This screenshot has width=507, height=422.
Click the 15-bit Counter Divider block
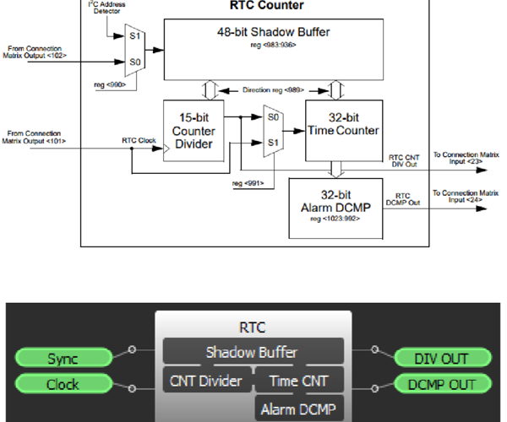(x=198, y=130)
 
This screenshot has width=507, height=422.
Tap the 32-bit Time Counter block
(x=343, y=130)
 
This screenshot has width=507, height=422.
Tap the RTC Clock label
(x=138, y=140)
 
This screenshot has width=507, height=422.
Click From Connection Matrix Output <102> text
(x=37, y=52)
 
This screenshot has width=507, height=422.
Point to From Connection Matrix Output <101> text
(x=37, y=136)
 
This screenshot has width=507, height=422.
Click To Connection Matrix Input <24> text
(x=464, y=196)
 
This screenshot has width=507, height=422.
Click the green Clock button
(x=63, y=385)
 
